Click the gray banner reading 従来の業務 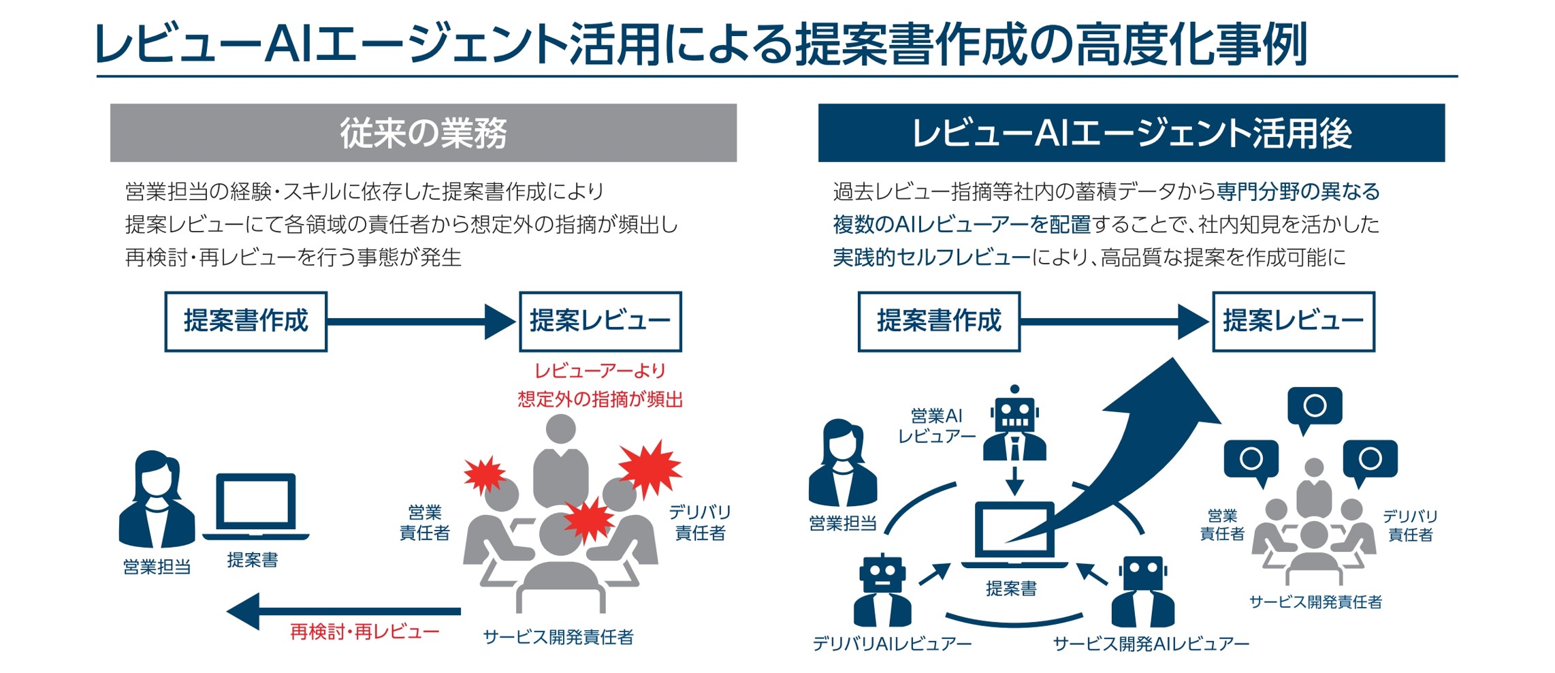pos(423,133)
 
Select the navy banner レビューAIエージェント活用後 pos(1131,133)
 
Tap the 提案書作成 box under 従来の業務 pos(246,322)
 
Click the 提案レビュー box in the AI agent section pos(1294,322)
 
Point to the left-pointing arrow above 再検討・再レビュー pos(344,611)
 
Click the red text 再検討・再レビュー pos(365,632)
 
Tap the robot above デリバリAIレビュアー pos(882,590)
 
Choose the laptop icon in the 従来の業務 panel pos(256,507)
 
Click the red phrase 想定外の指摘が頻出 pos(600,399)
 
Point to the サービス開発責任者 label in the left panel pos(558,637)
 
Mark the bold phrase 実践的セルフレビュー pos(931,257)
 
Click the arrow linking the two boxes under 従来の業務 pos(421,322)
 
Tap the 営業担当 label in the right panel pos(843,523)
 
